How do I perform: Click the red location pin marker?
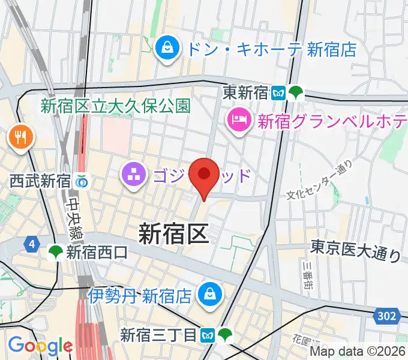pos(205,175)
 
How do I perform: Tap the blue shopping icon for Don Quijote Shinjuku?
pos(165,49)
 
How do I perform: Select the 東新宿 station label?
pos(244,93)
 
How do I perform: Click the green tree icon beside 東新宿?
pos(296,93)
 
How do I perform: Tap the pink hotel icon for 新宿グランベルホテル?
pos(239,121)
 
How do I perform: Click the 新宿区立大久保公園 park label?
pos(115,107)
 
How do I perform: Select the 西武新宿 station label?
pos(40,181)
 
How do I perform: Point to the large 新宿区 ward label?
pos(174,233)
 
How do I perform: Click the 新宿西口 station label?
pos(97,253)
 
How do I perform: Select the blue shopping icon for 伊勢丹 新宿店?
pos(211,295)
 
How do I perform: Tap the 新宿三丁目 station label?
pos(158,334)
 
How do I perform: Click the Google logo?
pos(40,346)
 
